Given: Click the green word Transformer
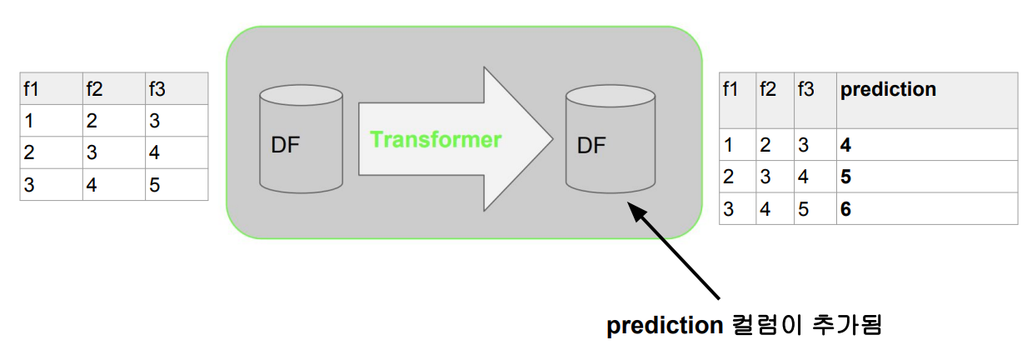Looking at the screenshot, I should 436,139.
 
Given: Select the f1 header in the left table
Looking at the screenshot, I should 32,89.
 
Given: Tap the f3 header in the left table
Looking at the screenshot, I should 156,89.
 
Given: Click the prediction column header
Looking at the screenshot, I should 888,89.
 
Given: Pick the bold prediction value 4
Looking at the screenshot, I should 845,145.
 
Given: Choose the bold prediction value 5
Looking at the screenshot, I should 845,177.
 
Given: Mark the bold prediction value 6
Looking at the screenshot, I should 845,209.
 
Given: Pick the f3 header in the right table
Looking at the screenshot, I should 805,89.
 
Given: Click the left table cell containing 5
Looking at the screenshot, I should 155,184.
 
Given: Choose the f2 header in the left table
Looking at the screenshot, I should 94,89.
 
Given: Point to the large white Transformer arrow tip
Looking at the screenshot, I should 551,138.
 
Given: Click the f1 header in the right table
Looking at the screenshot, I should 730,89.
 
